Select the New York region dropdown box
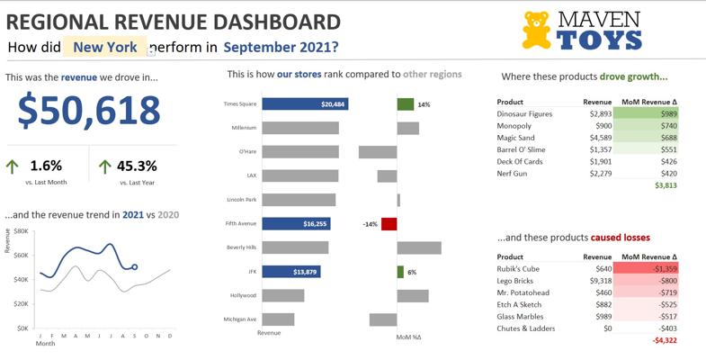tap(105, 47)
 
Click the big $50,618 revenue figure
tap(89, 110)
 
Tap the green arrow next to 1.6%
tap(13, 166)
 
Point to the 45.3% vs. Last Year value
tap(137, 166)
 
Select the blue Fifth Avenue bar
tap(288, 223)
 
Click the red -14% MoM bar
tap(389, 223)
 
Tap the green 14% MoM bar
tap(405, 104)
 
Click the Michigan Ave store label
tap(240, 319)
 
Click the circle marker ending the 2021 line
tap(135, 267)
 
